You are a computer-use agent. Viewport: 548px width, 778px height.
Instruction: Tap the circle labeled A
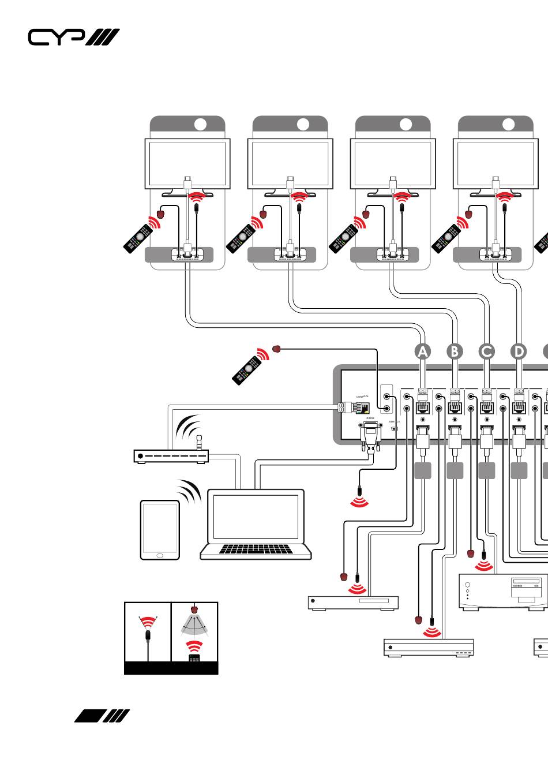pos(423,351)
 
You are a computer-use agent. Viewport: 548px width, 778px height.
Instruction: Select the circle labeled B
pos(455,351)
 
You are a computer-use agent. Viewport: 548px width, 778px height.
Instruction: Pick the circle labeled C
pos(487,351)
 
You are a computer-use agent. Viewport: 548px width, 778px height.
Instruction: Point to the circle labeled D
pos(519,351)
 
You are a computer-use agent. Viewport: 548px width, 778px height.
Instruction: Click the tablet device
pos(160,530)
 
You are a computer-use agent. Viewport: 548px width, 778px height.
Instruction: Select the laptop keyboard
pos(256,548)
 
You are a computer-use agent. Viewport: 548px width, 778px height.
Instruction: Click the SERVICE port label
pos(394,422)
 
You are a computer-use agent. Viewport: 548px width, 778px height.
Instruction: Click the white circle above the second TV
pos(303,124)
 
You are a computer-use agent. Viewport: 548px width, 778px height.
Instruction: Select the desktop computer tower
pos(503,592)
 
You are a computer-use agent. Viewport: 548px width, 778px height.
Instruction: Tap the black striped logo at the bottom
pos(102,716)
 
